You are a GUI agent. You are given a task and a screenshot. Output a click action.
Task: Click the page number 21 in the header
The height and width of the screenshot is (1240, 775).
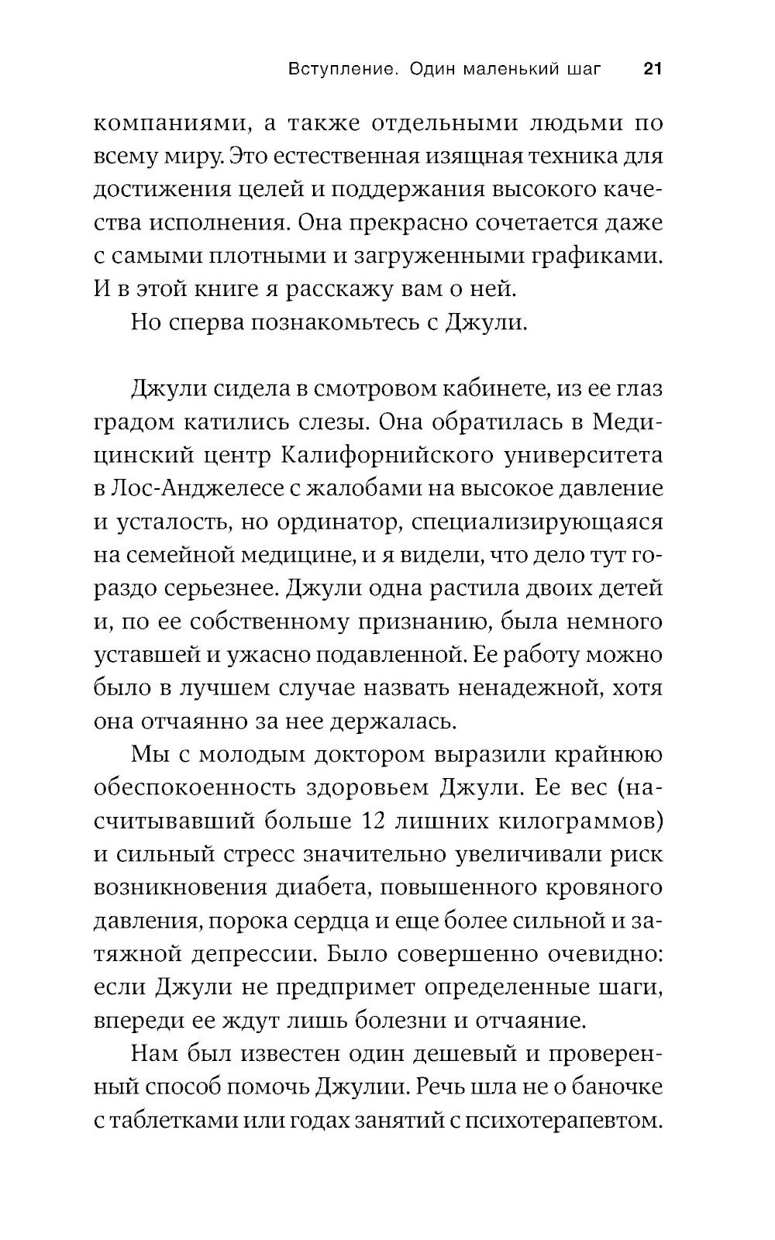[x=651, y=69]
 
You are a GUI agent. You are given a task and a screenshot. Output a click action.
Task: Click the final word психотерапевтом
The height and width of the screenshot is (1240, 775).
[x=563, y=1121]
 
